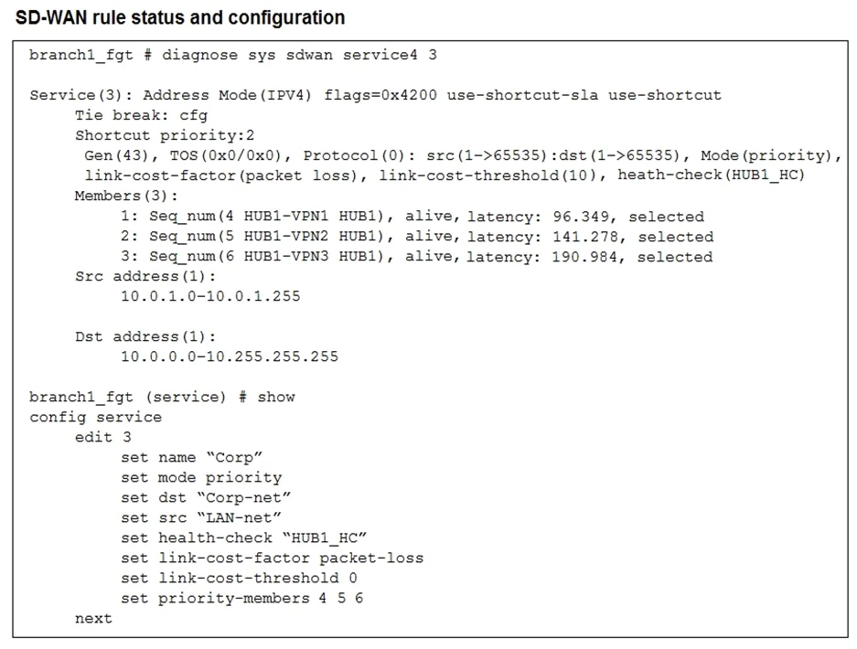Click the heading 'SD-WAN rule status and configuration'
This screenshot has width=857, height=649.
(180, 18)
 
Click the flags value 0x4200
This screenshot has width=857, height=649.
(409, 95)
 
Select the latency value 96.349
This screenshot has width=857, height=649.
(581, 217)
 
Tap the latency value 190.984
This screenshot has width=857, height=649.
(585, 257)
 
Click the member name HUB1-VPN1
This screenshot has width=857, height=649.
(286, 217)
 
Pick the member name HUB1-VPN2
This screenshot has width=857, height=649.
(286, 237)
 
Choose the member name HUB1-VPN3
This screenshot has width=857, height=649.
(286, 257)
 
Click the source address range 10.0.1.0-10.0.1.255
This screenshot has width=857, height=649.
(210, 296)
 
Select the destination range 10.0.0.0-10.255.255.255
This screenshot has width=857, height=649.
(230, 356)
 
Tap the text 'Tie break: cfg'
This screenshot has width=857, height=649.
(141, 115)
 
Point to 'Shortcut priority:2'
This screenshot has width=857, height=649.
(165, 135)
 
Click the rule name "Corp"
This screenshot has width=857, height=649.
(234, 457)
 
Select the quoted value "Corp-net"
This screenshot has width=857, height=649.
(244, 497)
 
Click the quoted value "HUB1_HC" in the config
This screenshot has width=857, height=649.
(324, 538)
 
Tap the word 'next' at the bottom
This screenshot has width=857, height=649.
(93, 619)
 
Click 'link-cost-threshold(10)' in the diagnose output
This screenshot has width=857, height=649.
(487, 176)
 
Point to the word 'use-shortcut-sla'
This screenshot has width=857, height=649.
(522, 95)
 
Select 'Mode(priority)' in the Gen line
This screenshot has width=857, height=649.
(766, 155)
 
